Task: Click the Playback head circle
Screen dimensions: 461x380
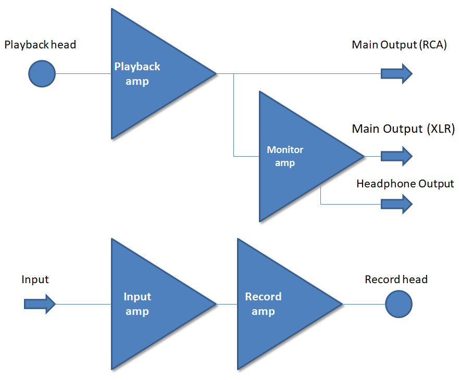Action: pos(42,74)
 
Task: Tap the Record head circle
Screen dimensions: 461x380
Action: pos(398,304)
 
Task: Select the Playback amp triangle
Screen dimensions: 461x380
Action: pos(153,74)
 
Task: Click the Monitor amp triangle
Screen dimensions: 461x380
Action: pos(300,156)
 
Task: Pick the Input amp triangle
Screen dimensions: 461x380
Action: pos(153,304)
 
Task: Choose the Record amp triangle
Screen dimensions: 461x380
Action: pos(279,304)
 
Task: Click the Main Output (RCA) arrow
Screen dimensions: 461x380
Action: pos(396,74)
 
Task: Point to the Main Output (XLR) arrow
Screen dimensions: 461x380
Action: pos(396,156)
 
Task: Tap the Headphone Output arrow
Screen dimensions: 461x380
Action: pos(396,204)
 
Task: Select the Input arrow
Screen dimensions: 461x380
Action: pos(40,304)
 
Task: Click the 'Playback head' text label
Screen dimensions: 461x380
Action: pos(40,45)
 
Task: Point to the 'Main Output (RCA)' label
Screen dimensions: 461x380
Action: pos(399,45)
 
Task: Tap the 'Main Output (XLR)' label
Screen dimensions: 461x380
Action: pos(403,129)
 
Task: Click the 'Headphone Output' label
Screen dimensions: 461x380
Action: pos(405,184)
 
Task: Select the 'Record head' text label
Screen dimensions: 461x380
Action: pos(396,279)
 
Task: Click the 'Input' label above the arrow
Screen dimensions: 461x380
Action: pos(35,280)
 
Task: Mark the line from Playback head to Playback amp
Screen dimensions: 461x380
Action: pos(83,73)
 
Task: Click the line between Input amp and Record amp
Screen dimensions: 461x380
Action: pos(227,304)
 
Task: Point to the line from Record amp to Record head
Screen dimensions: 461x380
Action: pos(364,304)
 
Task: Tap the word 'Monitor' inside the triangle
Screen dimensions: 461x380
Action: pos(285,149)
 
